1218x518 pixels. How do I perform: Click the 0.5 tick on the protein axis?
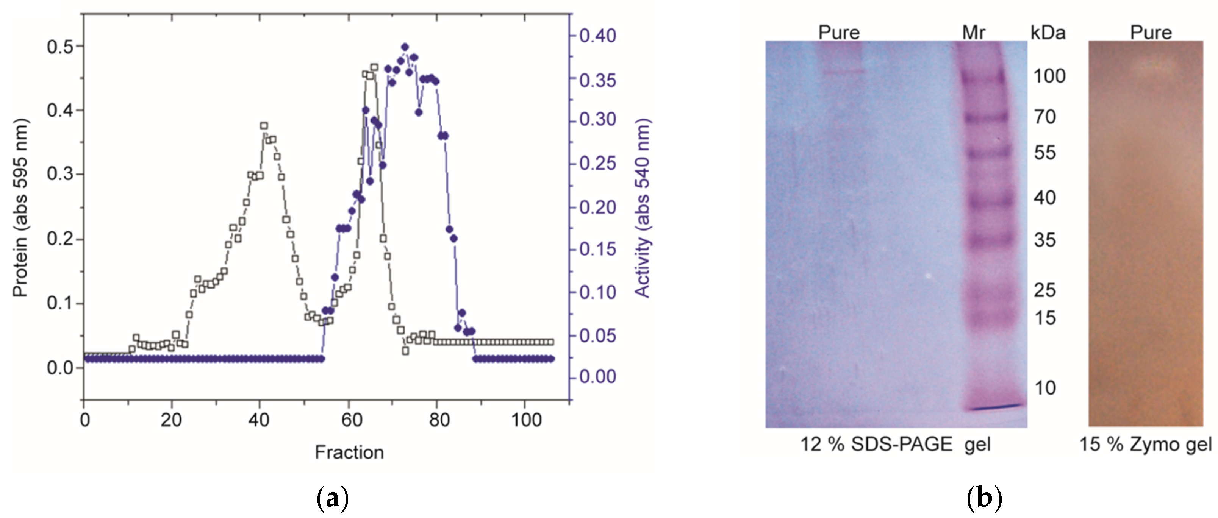[x=59, y=46]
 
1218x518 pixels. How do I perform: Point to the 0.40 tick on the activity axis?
[x=598, y=36]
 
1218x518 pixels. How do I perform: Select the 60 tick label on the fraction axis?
[x=351, y=420]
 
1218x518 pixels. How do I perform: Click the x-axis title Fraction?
[x=349, y=452]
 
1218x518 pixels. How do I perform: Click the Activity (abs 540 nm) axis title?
[x=643, y=208]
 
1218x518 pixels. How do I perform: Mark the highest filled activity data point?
[x=405, y=47]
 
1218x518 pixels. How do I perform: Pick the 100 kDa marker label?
[x=1049, y=76]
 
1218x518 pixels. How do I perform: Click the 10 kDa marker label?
[x=1045, y=388]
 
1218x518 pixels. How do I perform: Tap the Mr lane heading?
[x=974, y=32]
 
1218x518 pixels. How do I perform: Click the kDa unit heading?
[x=1048, y=32]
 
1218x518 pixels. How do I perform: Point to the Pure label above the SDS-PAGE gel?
[x=839, y=32]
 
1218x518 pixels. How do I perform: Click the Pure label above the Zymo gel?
[x=1151, y=32]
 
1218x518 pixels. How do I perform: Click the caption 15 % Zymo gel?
[x=1145, y=444]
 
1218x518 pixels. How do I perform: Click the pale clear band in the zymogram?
[x=1153, y=67]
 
